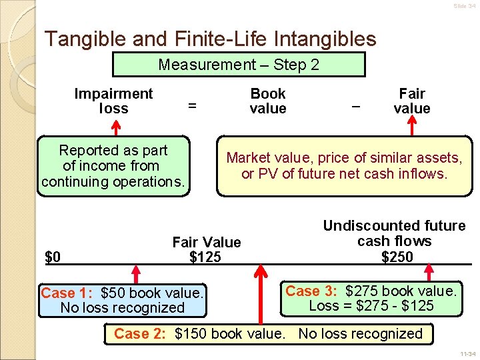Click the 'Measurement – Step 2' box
239,65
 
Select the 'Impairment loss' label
113,101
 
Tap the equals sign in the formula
192,105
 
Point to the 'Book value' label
268,101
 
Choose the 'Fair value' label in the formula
412,101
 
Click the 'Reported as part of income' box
113,166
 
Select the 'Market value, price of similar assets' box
344,166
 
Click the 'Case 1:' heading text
65,293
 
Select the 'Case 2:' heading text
139,334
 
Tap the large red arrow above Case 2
261,293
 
